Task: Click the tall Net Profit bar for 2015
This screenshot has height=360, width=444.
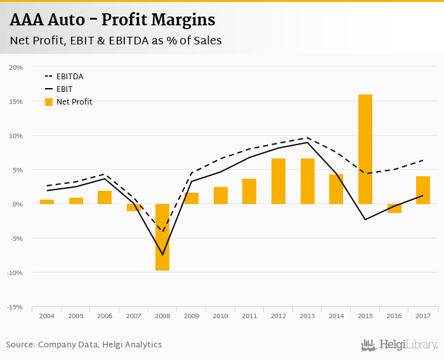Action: click(x=365, y=149)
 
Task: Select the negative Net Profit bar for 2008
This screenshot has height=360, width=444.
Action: click(x=162, y=237)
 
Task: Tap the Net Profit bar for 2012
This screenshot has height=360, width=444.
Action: click(x=278, y=181)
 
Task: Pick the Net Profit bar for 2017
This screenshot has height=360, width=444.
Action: click(x=423, y=190)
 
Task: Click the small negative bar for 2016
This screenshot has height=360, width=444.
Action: click(x=395, y=209)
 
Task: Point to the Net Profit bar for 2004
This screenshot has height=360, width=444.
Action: click(x=47, y=202)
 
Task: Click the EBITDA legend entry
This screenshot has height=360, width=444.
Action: click(x=69, y=77)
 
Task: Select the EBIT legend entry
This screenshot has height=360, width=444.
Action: click(x=65, y=89)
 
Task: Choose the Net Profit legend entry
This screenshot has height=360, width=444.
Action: click(x=74, y=102)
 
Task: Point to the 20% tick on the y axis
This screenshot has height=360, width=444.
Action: click(x=16, y=67)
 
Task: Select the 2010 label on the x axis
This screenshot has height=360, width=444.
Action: click(x=220, y=316)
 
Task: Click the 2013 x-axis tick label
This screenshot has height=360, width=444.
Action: click(x=307, y=316)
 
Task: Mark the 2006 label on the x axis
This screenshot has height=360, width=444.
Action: click(x=105, y=316)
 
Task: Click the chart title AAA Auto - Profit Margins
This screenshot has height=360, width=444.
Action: click(x=112, y=20)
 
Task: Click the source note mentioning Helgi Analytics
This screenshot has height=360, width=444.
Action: click(x=84, y=345)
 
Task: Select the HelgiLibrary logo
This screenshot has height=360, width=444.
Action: click(x=399, y=345)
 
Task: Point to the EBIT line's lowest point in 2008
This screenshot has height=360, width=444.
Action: click(x=162, y=255)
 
